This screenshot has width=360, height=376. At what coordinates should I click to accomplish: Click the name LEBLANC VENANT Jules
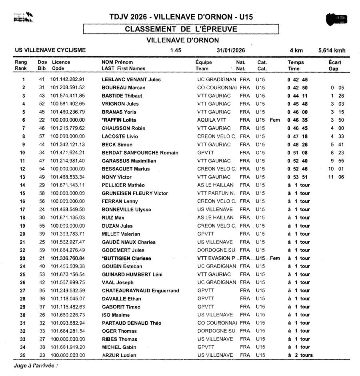click(x=131, y=80)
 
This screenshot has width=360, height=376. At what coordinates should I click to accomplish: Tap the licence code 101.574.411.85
click(x=68, y=96)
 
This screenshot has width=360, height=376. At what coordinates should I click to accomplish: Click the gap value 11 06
click(x=336, y=177)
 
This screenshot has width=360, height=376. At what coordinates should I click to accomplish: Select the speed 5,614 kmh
click(x=332, y=50)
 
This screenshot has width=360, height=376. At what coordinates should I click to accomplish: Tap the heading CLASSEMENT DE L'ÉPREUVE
click(x=181, y=29)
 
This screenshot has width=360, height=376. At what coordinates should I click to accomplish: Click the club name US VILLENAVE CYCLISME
click(x=50, y=50)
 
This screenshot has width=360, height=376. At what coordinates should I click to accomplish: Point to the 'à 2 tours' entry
click(x=300, y=355)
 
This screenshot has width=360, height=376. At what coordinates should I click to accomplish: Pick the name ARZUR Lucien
click(x=119, y=355)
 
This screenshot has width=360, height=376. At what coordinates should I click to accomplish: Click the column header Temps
click(x=296, y=62)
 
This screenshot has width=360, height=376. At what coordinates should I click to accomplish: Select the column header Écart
click(x=334, y=62)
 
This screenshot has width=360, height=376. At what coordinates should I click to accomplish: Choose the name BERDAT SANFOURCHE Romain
click(x=140, y=152)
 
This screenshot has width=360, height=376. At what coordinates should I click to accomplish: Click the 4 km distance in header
click(x=296, y=50)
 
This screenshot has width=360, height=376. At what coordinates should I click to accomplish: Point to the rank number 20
click(x=23, y=234)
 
